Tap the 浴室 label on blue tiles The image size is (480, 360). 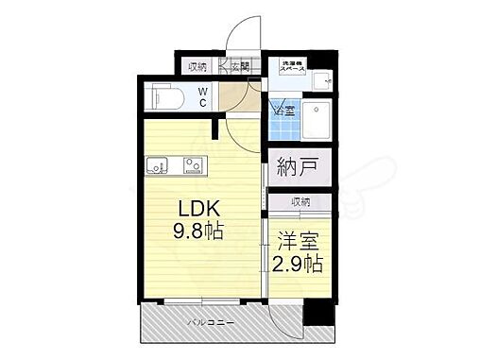pyautogui.click(x=282, y=112)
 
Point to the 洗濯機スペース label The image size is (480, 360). pyautogui.click(x=292, y=67)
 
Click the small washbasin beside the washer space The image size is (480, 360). pyautogui.click(x=321, y=77)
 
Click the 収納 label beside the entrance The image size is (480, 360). pyautogui.click(x=196, y=66)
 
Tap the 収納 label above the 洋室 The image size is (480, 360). pyautogui.click(x=300, y=201)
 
